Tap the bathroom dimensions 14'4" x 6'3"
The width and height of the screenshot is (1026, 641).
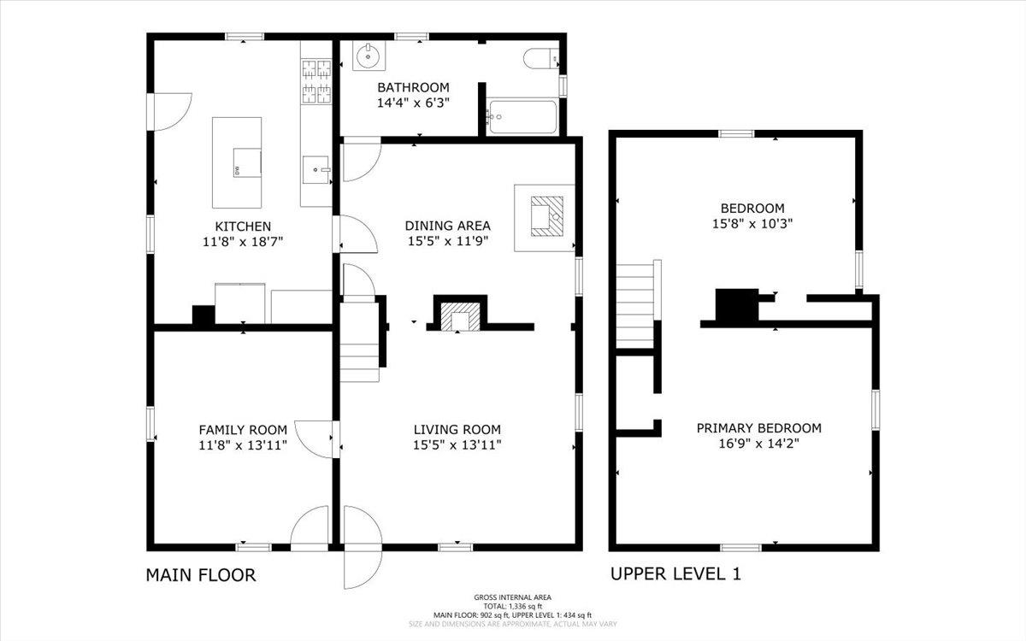413,103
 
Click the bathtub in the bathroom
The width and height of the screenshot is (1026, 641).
522,118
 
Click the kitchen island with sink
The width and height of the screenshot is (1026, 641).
237,162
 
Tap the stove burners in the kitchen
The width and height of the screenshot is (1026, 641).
316,81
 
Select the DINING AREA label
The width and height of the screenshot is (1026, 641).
447,226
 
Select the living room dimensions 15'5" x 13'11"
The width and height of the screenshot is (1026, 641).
457,445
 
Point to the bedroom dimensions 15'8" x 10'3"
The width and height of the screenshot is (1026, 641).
752,224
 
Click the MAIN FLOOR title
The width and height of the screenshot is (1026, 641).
201,574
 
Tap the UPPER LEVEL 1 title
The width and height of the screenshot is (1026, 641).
675,573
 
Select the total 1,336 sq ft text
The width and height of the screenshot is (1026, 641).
513,606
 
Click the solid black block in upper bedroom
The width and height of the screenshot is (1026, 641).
735,304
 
